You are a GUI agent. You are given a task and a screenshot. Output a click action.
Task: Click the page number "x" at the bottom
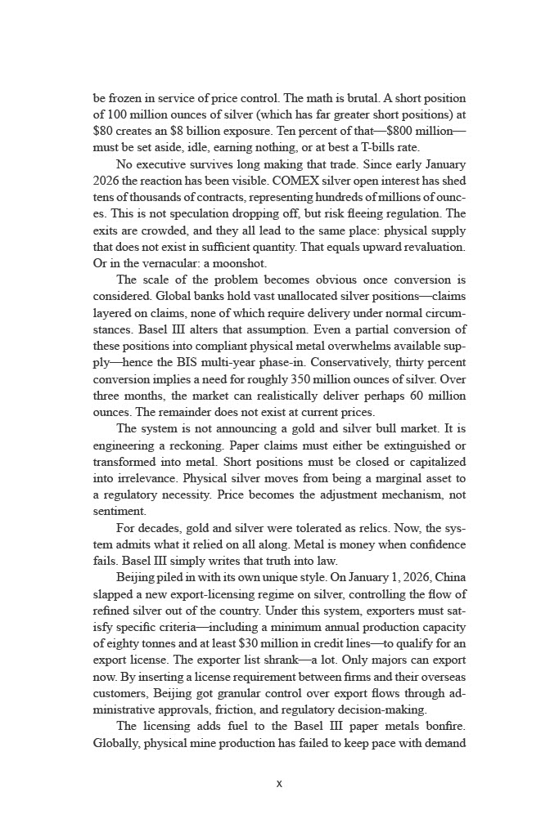click(x=279, y=783)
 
